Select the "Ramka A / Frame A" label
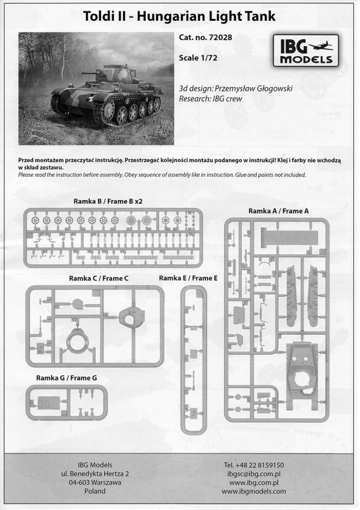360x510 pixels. (x=278, y=210)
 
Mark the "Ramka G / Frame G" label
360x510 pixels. (x=67, y=378)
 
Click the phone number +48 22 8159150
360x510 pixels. (x=253, y=465)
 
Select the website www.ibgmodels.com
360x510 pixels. (x=253, y=491)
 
